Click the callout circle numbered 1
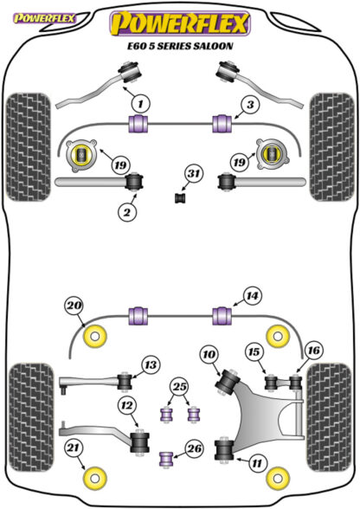pos(140,104)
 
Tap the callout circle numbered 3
pos(250,105)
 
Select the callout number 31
pos(194,174)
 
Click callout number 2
pos(127,212)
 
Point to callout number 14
pos(252,296)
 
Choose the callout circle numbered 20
pos(74,306)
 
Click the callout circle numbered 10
pos(209,354)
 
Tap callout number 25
pos(180,387)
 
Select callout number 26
pos(195,448)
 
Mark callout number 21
pos(73,448)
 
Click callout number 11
pos(257,462)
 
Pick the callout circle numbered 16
pos(313,351)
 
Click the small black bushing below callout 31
pos(179,198)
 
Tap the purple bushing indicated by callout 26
pos(166,458)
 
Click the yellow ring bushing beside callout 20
pos(95,337)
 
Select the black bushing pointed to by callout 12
pos(140,442)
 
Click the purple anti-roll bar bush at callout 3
pos(222,124)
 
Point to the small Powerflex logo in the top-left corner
pos(44,18)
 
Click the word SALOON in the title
pos(213,46)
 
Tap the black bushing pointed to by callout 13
pos(124,382)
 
